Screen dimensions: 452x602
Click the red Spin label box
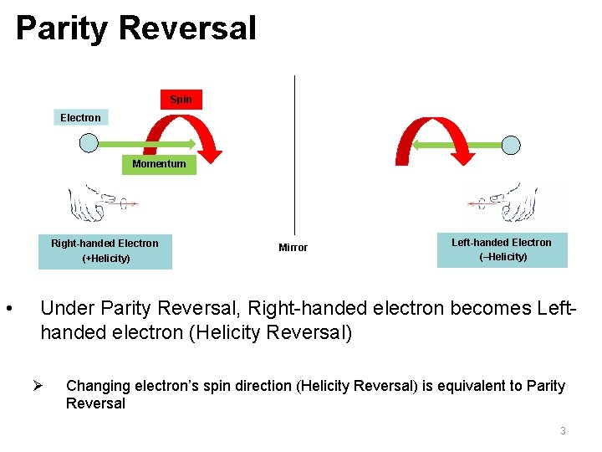(181, 100)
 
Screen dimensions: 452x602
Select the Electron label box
(80, 118)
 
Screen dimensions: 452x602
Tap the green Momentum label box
(159, 164)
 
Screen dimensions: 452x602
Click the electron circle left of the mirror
(89, 144)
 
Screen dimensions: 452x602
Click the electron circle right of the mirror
(510, 145)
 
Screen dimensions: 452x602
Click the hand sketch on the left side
(96, 202)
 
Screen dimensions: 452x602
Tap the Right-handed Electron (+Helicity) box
(105, 251)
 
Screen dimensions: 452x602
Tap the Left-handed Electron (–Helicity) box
(502, 250)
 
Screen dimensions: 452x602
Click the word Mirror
(293, 248)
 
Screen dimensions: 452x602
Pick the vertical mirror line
(294, 151)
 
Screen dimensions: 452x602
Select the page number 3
(563, 431)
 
